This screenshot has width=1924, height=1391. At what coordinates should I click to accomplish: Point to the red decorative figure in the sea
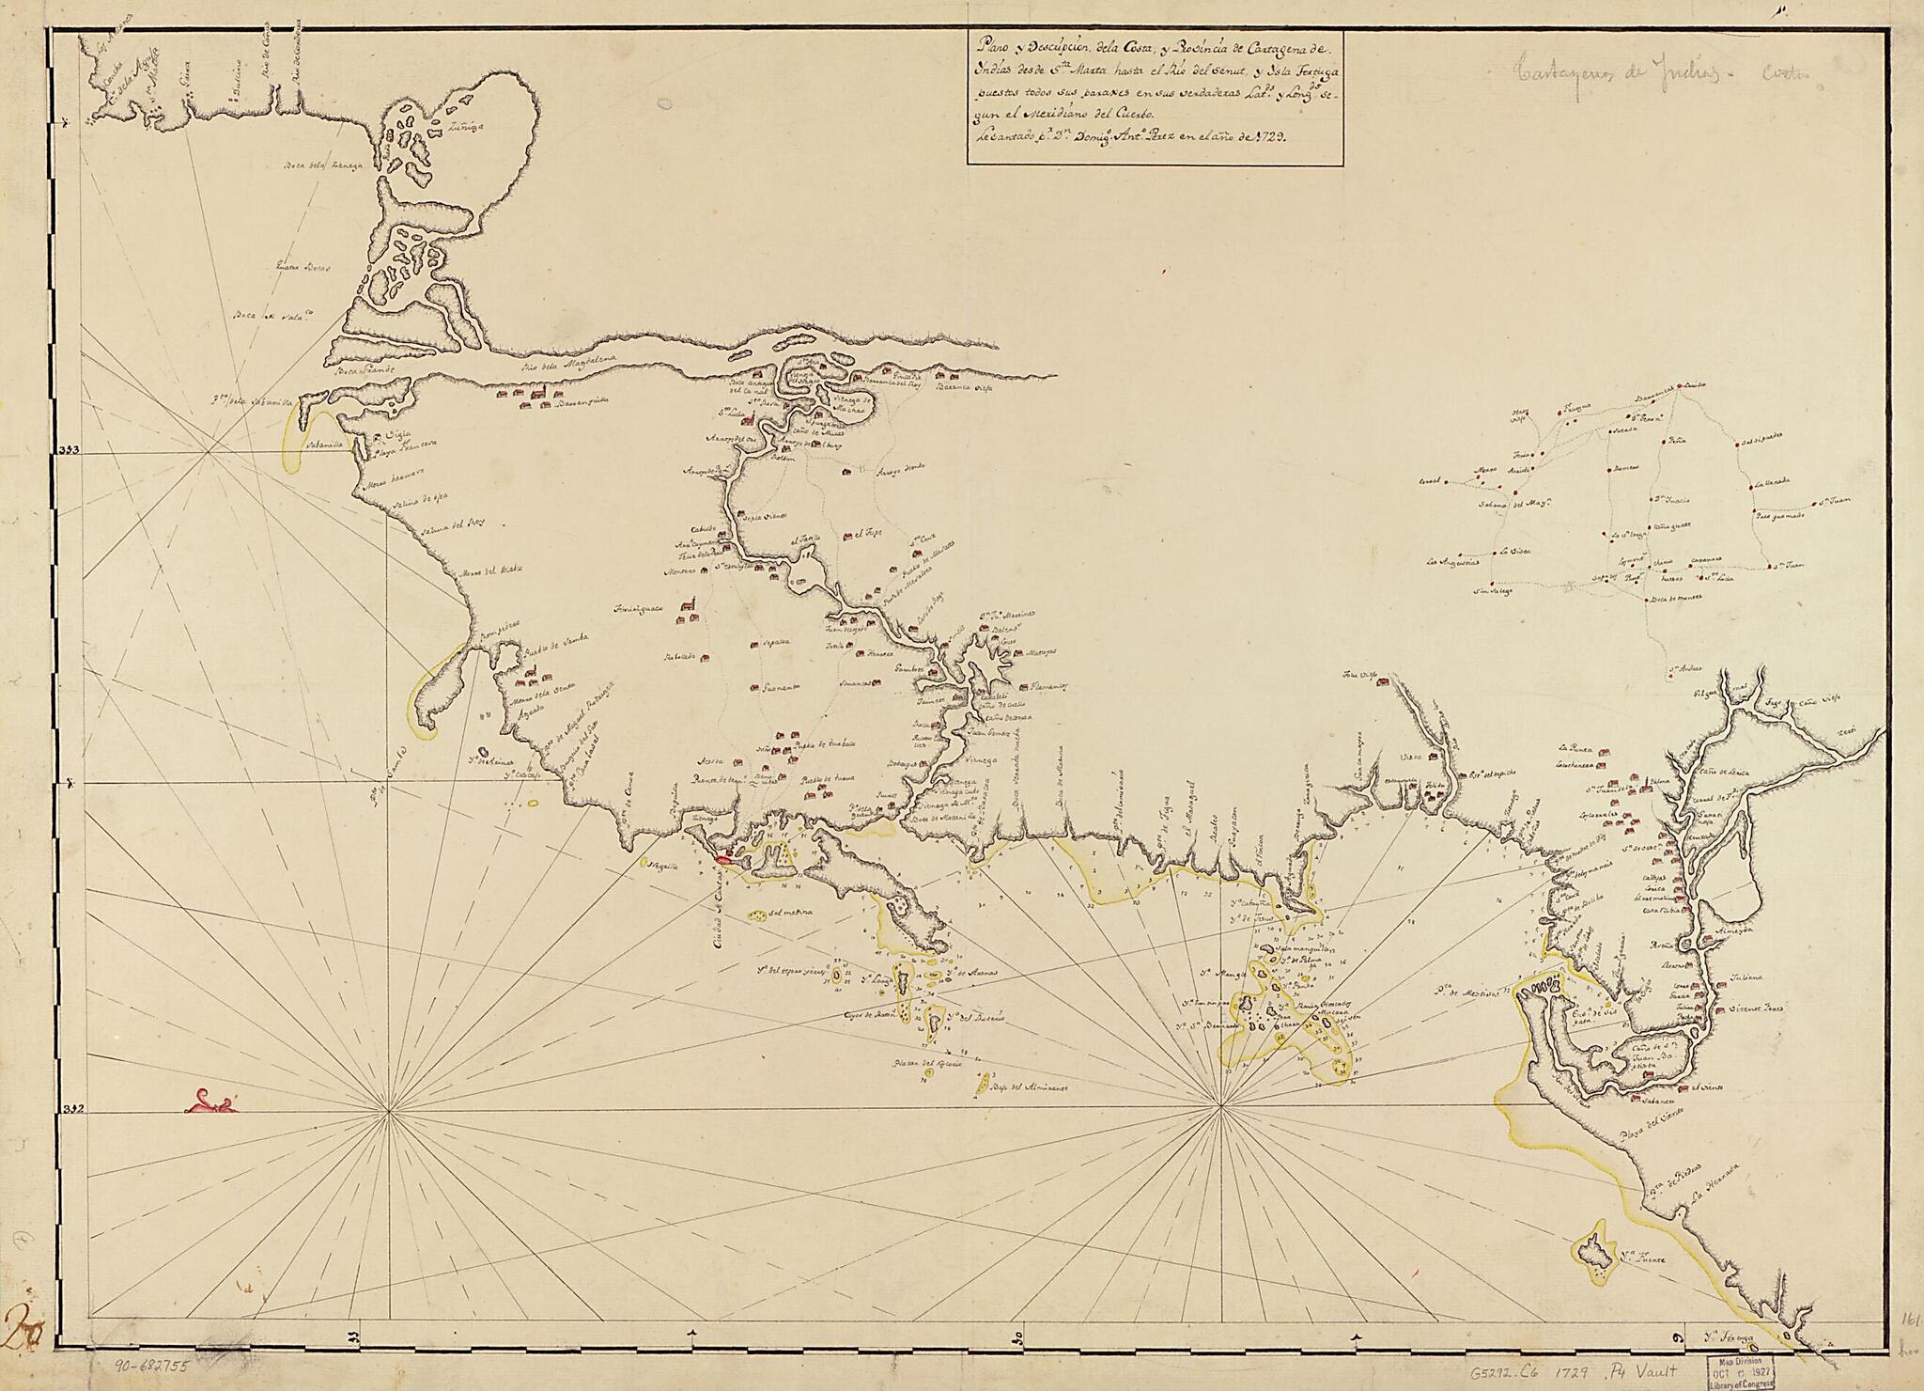pos(211,1101)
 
